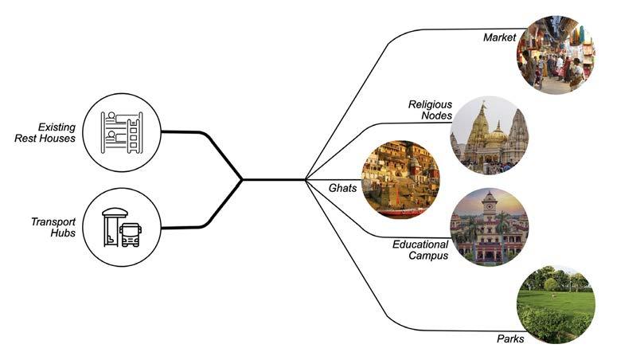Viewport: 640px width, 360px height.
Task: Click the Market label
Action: point(499,37)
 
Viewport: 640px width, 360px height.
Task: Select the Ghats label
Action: point(343,188)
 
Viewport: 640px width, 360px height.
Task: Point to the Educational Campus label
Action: point(420,250)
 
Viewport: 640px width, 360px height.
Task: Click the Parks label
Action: point(509,339)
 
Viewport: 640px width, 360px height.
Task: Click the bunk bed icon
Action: point(122,132)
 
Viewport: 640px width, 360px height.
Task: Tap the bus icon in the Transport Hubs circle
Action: point(131,233)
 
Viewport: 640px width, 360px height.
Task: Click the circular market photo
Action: point(555,56)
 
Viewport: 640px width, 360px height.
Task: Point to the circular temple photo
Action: point(489,135)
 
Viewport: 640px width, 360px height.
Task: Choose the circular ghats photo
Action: point(400,179)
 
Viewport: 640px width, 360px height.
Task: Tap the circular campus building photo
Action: point(489,228)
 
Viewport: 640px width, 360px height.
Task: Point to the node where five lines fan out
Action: point(306,180)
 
